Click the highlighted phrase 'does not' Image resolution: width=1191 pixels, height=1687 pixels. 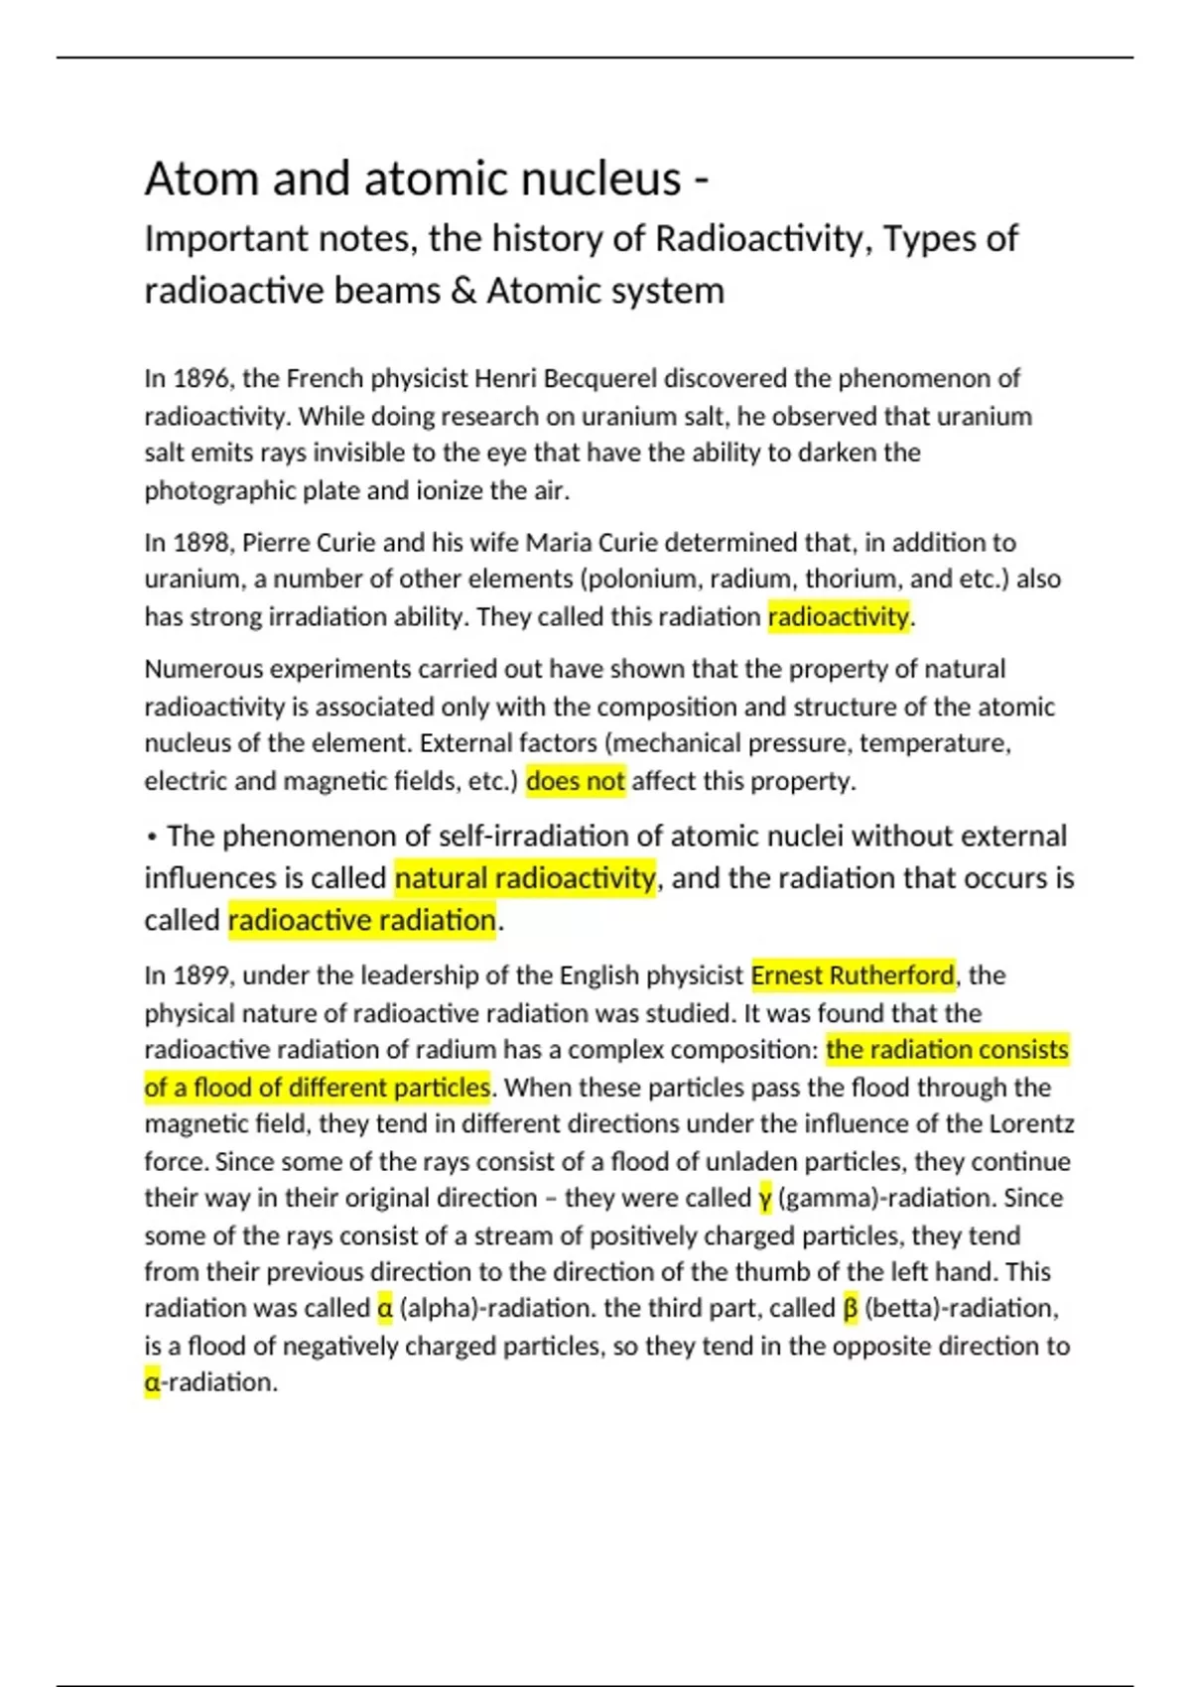[576, 782]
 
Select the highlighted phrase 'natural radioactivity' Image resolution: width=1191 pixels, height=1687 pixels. [525, 878]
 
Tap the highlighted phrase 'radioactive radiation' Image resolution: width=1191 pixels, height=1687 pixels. [362, 921]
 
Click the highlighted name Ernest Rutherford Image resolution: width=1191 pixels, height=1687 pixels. [853, 976]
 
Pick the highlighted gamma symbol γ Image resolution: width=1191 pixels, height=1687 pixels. [765, 1199]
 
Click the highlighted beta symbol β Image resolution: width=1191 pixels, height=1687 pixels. [851, 1309]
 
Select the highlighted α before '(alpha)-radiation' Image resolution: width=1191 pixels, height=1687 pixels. [385, 1309]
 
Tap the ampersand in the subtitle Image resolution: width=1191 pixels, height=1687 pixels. [463, 292]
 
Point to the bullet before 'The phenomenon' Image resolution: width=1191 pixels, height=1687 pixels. [152, 838]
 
